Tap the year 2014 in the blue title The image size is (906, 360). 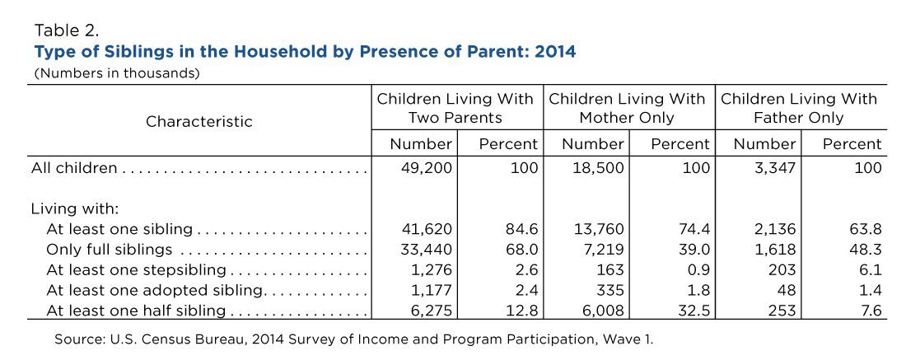[x=555, y=51]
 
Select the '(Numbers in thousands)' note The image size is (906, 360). [x=117, y=73]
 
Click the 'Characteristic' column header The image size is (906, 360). [x=198, y=122]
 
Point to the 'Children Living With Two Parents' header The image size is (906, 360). [x=455, y=108]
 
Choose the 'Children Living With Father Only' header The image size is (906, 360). [x=799, y=108]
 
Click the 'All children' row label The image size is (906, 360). [x=74, y=168]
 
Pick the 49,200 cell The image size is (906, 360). [x=427, y=168]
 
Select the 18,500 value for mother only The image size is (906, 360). [x=599, y=168]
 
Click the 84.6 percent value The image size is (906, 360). [x=521, y=229]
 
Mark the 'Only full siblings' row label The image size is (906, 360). [x=110, y=250]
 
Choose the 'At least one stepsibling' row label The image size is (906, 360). [x=136, y=270]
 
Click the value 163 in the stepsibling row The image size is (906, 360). [x=612, y=270]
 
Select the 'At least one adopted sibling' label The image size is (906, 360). [x=155, y=290]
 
